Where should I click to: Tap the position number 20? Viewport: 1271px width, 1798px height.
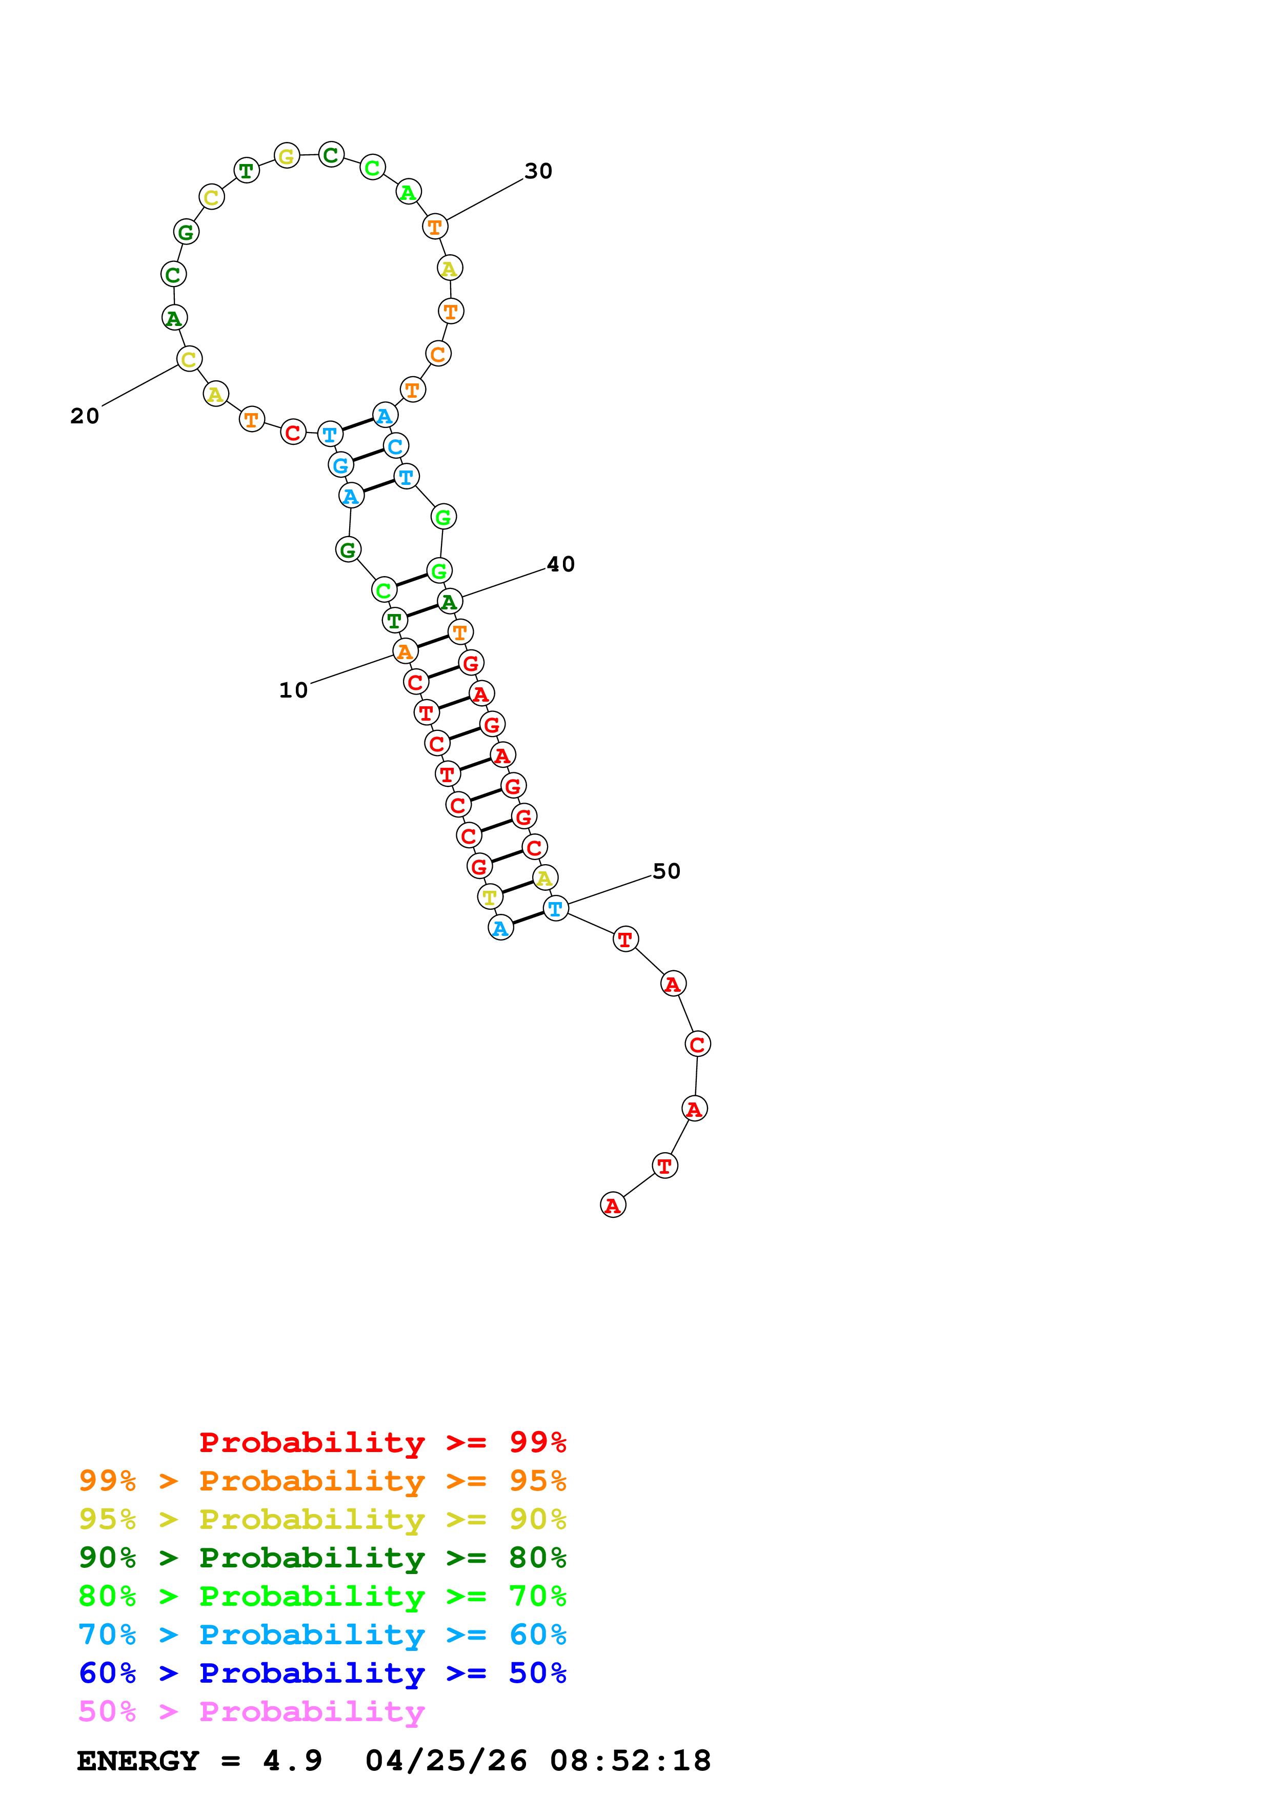pos(85,416)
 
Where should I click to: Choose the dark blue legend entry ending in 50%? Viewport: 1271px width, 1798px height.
pos(322,1673)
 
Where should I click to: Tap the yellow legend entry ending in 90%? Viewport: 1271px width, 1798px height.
pos(322,1519)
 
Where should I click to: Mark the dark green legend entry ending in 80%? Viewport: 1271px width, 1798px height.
pos(322,1558)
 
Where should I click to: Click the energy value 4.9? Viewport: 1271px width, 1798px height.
pos(292,1761)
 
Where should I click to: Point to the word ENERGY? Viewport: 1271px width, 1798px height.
pos(138,1761)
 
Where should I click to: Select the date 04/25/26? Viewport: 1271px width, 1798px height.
pos(446,1761)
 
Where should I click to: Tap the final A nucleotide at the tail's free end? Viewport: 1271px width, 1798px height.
pos(612,1205)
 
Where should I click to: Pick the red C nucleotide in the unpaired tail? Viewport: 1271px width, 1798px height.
pos(697,1044)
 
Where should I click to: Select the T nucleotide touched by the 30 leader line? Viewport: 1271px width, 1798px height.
pos(435,227)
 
